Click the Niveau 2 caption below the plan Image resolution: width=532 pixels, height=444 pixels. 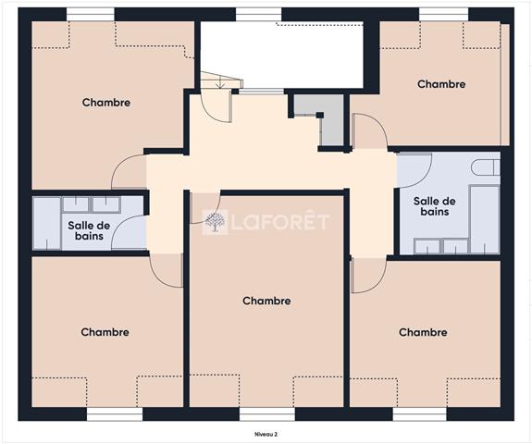(x=266, y=434)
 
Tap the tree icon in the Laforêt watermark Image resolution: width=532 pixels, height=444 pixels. (x=215, y=222)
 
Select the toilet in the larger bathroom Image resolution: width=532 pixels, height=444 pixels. (x=486, y=167)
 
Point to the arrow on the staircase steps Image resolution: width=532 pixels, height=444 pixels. (x=221, y=81)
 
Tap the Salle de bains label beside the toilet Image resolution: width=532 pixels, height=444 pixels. (x=434, y=206)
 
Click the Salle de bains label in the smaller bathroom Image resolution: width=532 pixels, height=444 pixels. (x=89, y=230)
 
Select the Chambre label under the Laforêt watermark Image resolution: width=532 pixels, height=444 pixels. (x=266, y=301)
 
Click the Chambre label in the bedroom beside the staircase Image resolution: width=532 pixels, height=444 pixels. (x=106, y=103)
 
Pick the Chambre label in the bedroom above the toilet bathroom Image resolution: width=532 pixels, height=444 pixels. (x=441, y=84)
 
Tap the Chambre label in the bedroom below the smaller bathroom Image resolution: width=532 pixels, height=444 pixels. (x=105, y=332)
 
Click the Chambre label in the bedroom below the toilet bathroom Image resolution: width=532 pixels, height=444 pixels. (x=423, y=332)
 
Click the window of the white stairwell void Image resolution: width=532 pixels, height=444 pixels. (x=258, y=14)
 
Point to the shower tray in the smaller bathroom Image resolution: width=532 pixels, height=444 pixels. (x=47, y=224)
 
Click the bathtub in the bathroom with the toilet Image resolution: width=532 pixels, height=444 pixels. (x=485, y=219)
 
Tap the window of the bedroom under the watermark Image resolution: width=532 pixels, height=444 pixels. (x=267, y=414)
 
